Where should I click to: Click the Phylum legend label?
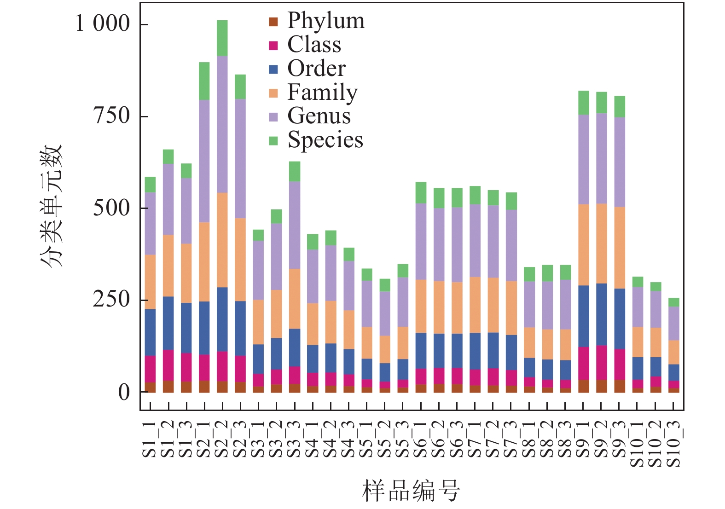[x=325, y=21]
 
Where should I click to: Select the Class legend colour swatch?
[x=273, y=46]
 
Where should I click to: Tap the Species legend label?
[x=325, y=140]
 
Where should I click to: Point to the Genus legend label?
[x=319, y=116]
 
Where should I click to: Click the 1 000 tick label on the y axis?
[x=103, y=23]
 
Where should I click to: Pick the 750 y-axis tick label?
[x=112, y=116]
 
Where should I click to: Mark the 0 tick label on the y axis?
[x=124, y=393]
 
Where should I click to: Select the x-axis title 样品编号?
[x=411, y=491]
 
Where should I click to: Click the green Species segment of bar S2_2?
[x=222, y=38]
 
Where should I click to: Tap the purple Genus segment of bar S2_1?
[x=204, y=161]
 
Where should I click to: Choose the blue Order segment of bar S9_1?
[x=583, y=316]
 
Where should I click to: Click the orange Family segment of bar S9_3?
[x=620, y=248]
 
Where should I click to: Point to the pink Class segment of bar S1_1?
[x=150, y=369]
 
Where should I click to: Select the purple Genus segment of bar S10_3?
[x=674, y=323]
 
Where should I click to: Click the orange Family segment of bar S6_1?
[x=421, y=306]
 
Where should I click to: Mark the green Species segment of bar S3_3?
[x=295, y=171]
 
